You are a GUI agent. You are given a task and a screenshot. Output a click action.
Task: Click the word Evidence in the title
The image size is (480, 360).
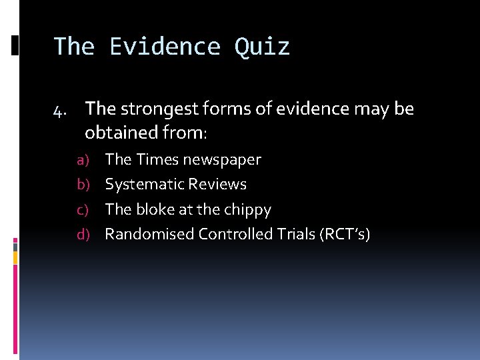(x=165, y=47)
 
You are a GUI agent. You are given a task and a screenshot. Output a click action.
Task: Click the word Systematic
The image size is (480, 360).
(x=144, y=185)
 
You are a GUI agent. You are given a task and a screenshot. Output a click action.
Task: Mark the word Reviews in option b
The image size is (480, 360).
(x=217, y=184)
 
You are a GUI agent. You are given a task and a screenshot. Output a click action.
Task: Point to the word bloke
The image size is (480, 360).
(x=155, y=209)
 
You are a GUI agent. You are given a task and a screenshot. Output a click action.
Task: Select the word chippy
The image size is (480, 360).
(x=248, y=210)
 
